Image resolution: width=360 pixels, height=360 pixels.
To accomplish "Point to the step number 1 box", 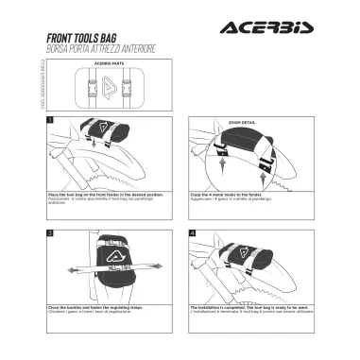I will click(49, 120).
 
